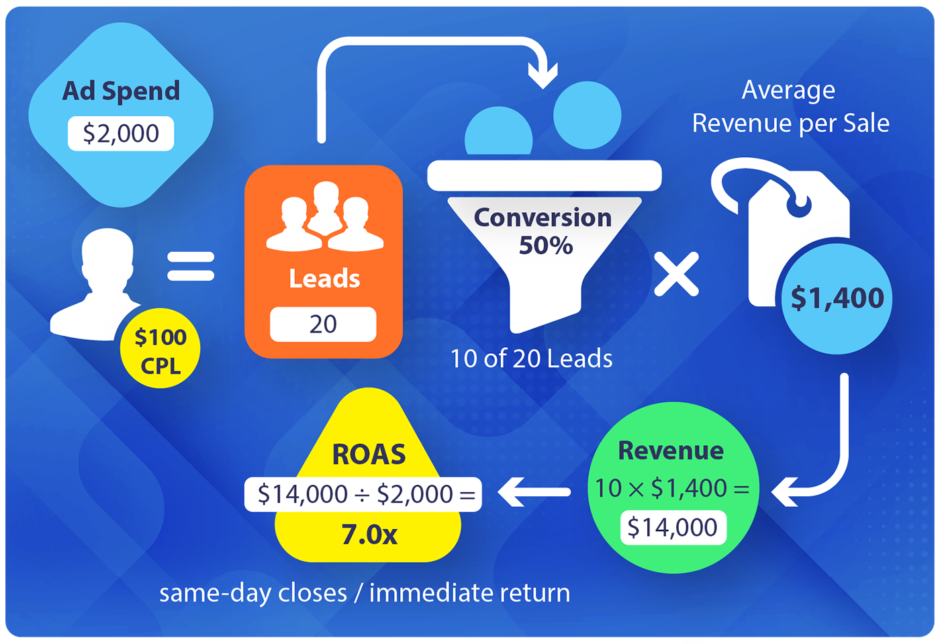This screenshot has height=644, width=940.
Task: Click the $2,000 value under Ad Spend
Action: pos(121,134)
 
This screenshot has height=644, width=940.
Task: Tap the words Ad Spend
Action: pos(121,91)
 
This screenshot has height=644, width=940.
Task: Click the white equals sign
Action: pos(191,266)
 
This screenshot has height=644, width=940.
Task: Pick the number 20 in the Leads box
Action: pos(323,324)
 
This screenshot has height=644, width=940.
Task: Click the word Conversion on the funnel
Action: pos(543,218)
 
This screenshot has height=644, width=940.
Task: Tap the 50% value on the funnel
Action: pos(545,246)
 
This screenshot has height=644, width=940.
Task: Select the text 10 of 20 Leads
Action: pos(531,359)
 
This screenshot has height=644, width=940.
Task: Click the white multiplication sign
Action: pos(676,274)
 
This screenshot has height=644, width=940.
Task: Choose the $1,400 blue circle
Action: pos(837,298)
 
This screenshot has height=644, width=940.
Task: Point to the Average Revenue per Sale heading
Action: pos(790,107)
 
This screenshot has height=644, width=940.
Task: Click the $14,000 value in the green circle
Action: pos(673,528)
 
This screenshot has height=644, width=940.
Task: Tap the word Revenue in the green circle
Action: pos(671,451)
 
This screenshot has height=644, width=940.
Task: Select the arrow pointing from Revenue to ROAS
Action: pos(534,492)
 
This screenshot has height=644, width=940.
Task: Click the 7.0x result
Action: pos(369,535)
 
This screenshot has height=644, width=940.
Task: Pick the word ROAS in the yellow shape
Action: pos(369,455)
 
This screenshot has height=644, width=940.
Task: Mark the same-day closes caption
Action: pos(365,593)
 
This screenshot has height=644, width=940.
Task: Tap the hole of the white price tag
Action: pos(799,203)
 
